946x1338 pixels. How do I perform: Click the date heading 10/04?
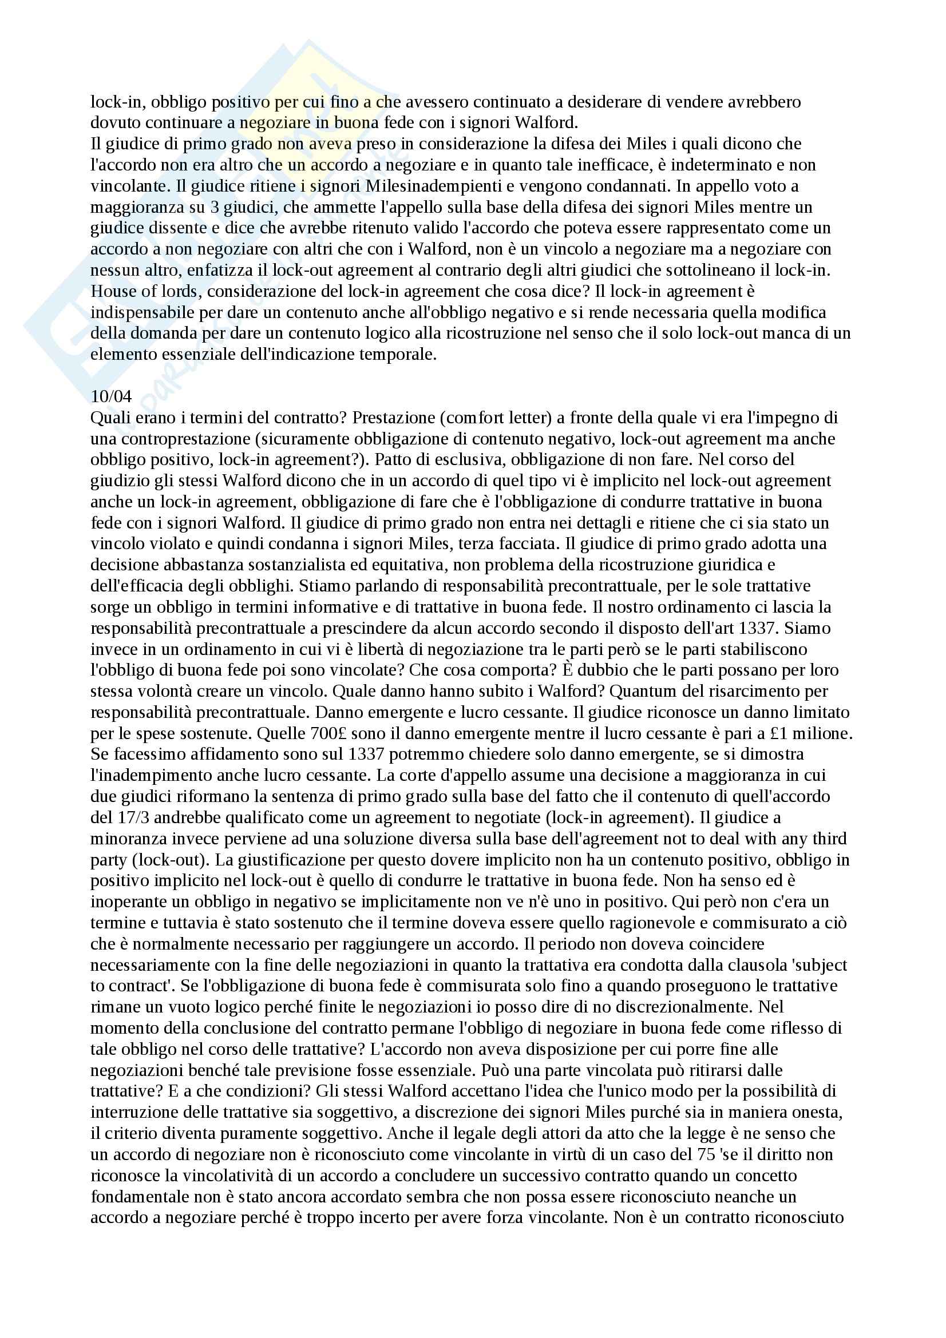[111, 396]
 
